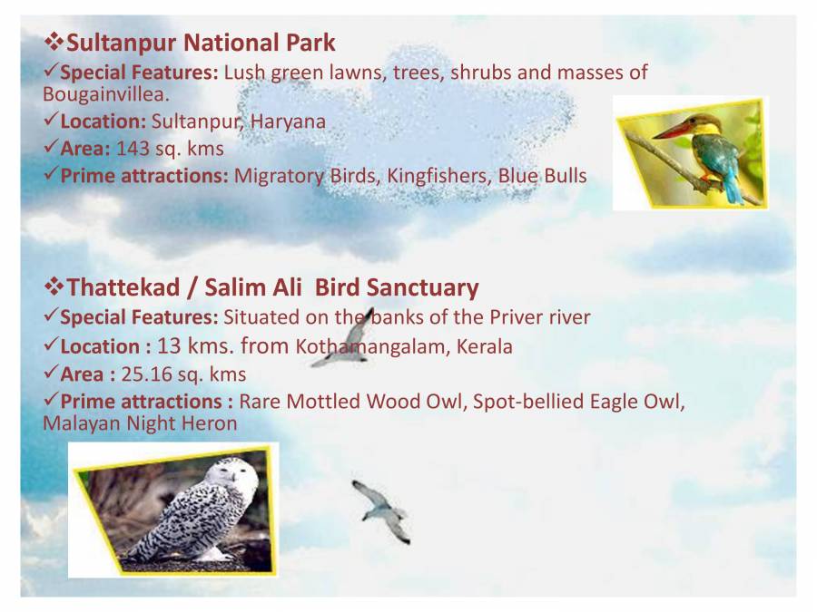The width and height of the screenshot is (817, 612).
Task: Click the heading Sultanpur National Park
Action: tap(201, 43)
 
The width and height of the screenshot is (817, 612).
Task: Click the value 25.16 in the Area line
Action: tap(146, 374)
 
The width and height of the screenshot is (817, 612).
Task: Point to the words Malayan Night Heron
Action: tap(140, 423)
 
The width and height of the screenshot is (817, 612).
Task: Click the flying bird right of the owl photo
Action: tap(381, 510)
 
